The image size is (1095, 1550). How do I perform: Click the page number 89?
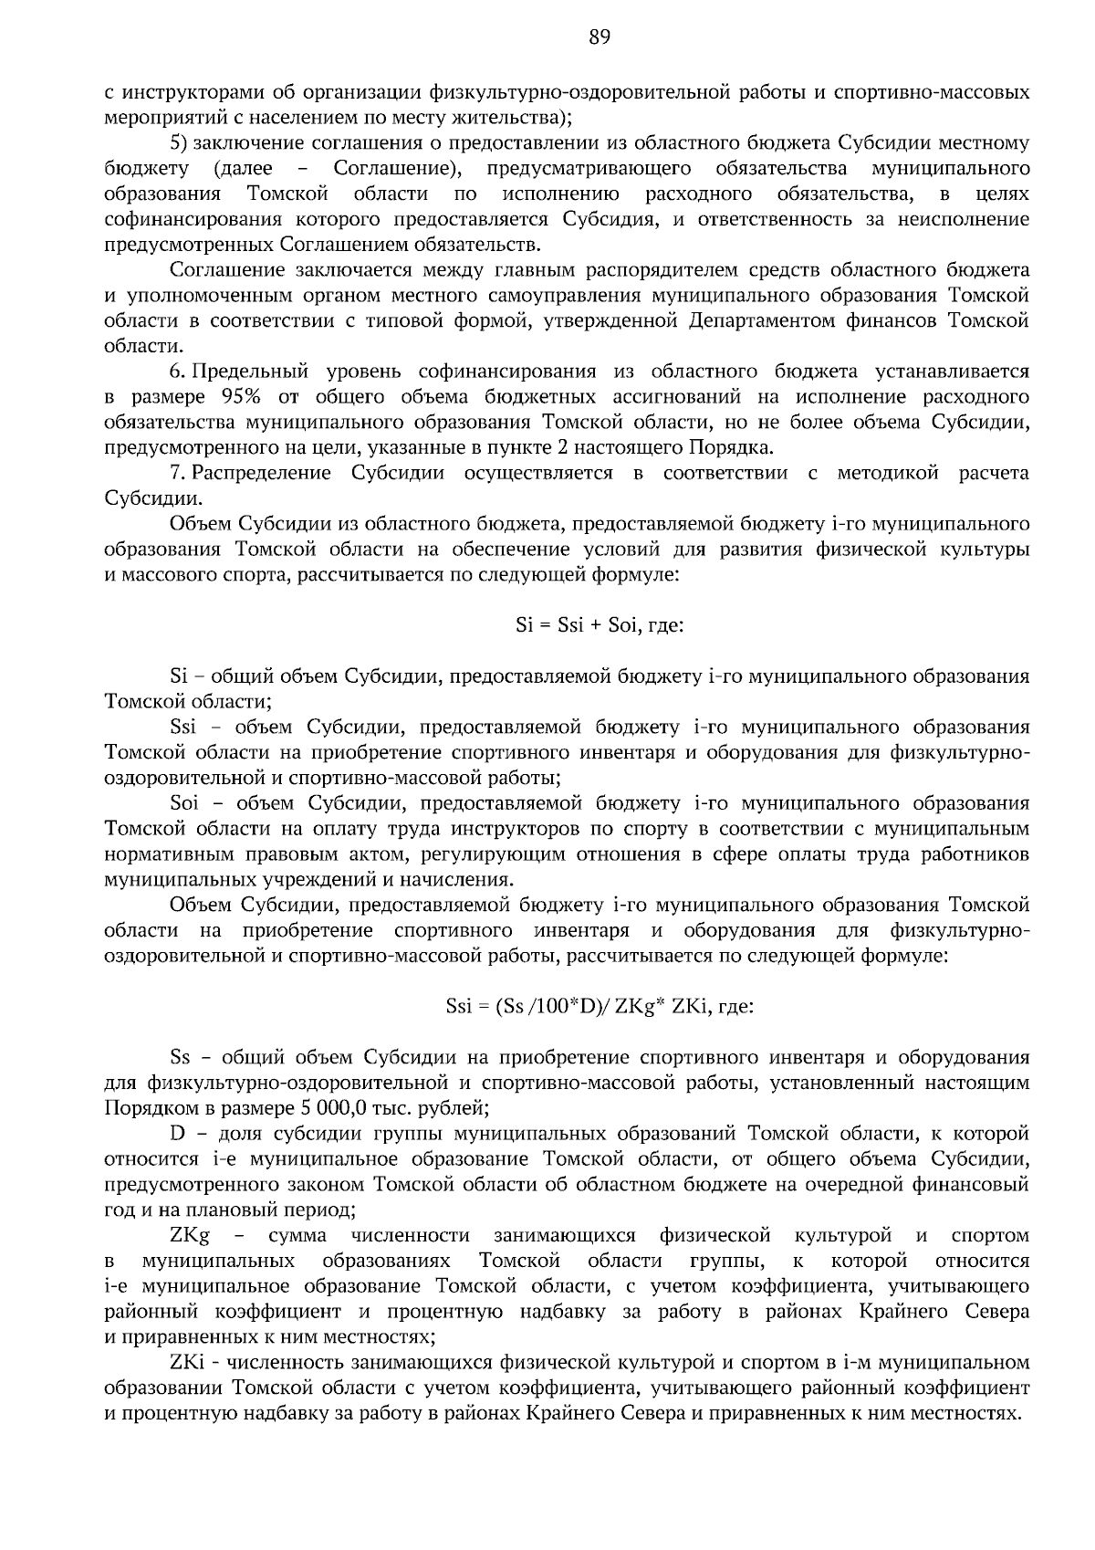click(x=599, y=37)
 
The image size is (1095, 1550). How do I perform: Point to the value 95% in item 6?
click(x=242, y=397)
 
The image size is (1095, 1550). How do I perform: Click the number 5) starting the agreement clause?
click(x=180, y=143)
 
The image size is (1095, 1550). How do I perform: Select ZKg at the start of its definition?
click(x=189, y=1235)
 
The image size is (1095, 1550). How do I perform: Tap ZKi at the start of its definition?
click(x=186, y=1362)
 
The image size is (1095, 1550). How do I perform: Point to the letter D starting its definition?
click(x=176, y=1134)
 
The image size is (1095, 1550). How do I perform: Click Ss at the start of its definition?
click(x=180, y=1057)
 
